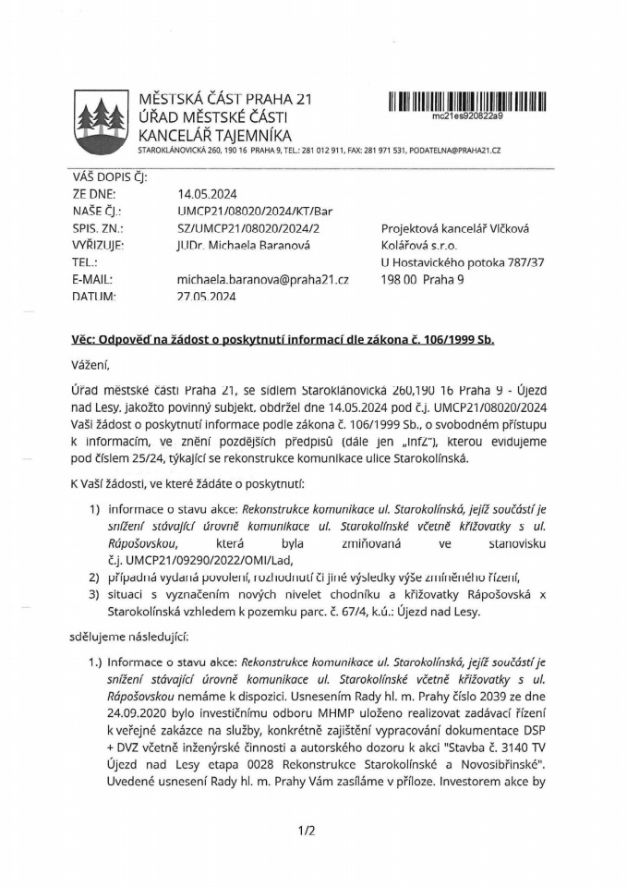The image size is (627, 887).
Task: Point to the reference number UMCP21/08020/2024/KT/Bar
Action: pyautogui.click(x=254, y=212)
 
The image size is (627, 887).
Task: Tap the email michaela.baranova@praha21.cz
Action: pyautogui.click(x=262, y=279)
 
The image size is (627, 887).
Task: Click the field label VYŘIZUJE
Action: pyautogui.click(x=98, y=245)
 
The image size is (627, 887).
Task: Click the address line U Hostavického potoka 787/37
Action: pyautogui.click(x=462, y=262)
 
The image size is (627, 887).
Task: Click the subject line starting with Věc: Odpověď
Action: pyautogui.click(x=283, y=339)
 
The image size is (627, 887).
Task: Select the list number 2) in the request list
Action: pyautogui.click(x=94, y=577)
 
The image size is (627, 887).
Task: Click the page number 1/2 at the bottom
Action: pyautogui.click(x=307, y=830)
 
